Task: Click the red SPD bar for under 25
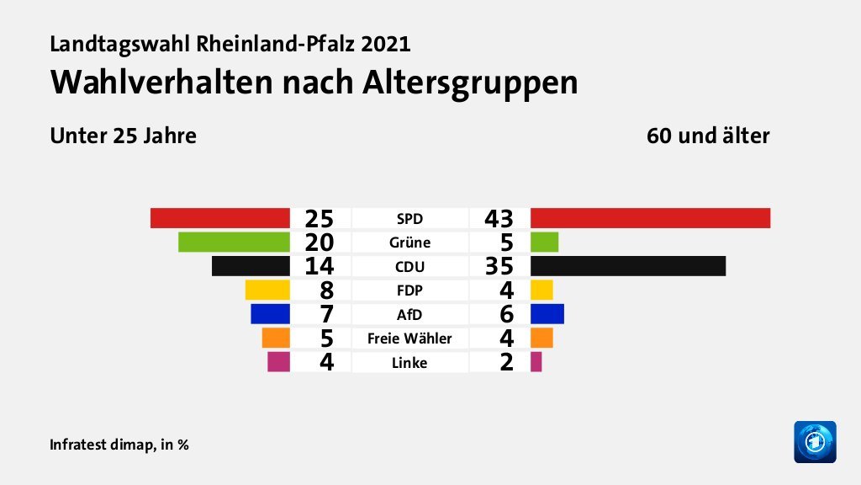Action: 220,217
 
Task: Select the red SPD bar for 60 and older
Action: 650,217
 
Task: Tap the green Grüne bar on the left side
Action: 234,242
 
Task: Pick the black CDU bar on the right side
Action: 627,266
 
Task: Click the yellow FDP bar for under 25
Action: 267,290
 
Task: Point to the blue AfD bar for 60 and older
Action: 547,314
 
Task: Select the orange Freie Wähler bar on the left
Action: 276,338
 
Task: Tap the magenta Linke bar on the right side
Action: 536,362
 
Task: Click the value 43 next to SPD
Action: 499,218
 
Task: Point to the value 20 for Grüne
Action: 320,242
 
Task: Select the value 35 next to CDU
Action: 499,266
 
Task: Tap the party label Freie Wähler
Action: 409,338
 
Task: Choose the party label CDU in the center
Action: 409,267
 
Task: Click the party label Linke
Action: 409,363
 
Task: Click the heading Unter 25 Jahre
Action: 123,135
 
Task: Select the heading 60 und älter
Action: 708,135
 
